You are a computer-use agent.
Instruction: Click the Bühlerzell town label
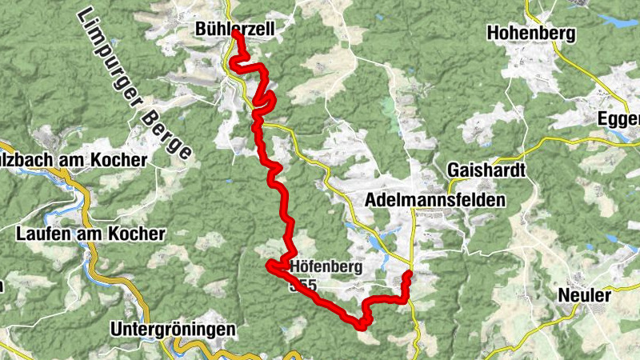(235, 30)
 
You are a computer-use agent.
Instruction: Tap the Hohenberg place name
(530, 34)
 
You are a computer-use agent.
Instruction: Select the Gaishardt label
(486, 170)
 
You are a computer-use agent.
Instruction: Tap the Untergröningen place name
(174, 330)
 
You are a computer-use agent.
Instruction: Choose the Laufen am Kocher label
(90, 234)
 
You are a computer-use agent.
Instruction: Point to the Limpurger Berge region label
(135, 83)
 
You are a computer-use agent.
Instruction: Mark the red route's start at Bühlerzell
(234, 35)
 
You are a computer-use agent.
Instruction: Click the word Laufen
(41, 234)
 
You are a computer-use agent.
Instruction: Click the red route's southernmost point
(362, 326)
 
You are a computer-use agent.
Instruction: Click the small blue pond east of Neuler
(613, 238)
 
